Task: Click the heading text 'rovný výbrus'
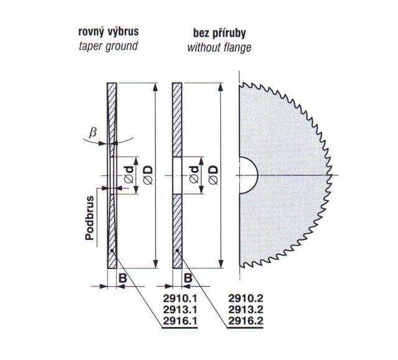108,32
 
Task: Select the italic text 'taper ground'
108,47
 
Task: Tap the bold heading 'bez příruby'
220,33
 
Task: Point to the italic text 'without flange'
220,47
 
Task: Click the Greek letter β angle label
93,132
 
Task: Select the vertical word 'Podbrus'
90,218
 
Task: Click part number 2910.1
180,298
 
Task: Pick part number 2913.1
180,310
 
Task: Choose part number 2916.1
180,321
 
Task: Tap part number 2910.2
246,298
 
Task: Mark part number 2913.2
246,310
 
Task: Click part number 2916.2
246,321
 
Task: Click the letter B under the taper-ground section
123,279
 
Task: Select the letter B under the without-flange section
188,279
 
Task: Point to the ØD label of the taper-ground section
148,175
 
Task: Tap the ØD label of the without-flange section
213,175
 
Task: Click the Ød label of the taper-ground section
129,175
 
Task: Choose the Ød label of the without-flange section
194,175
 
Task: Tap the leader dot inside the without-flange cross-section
177,251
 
